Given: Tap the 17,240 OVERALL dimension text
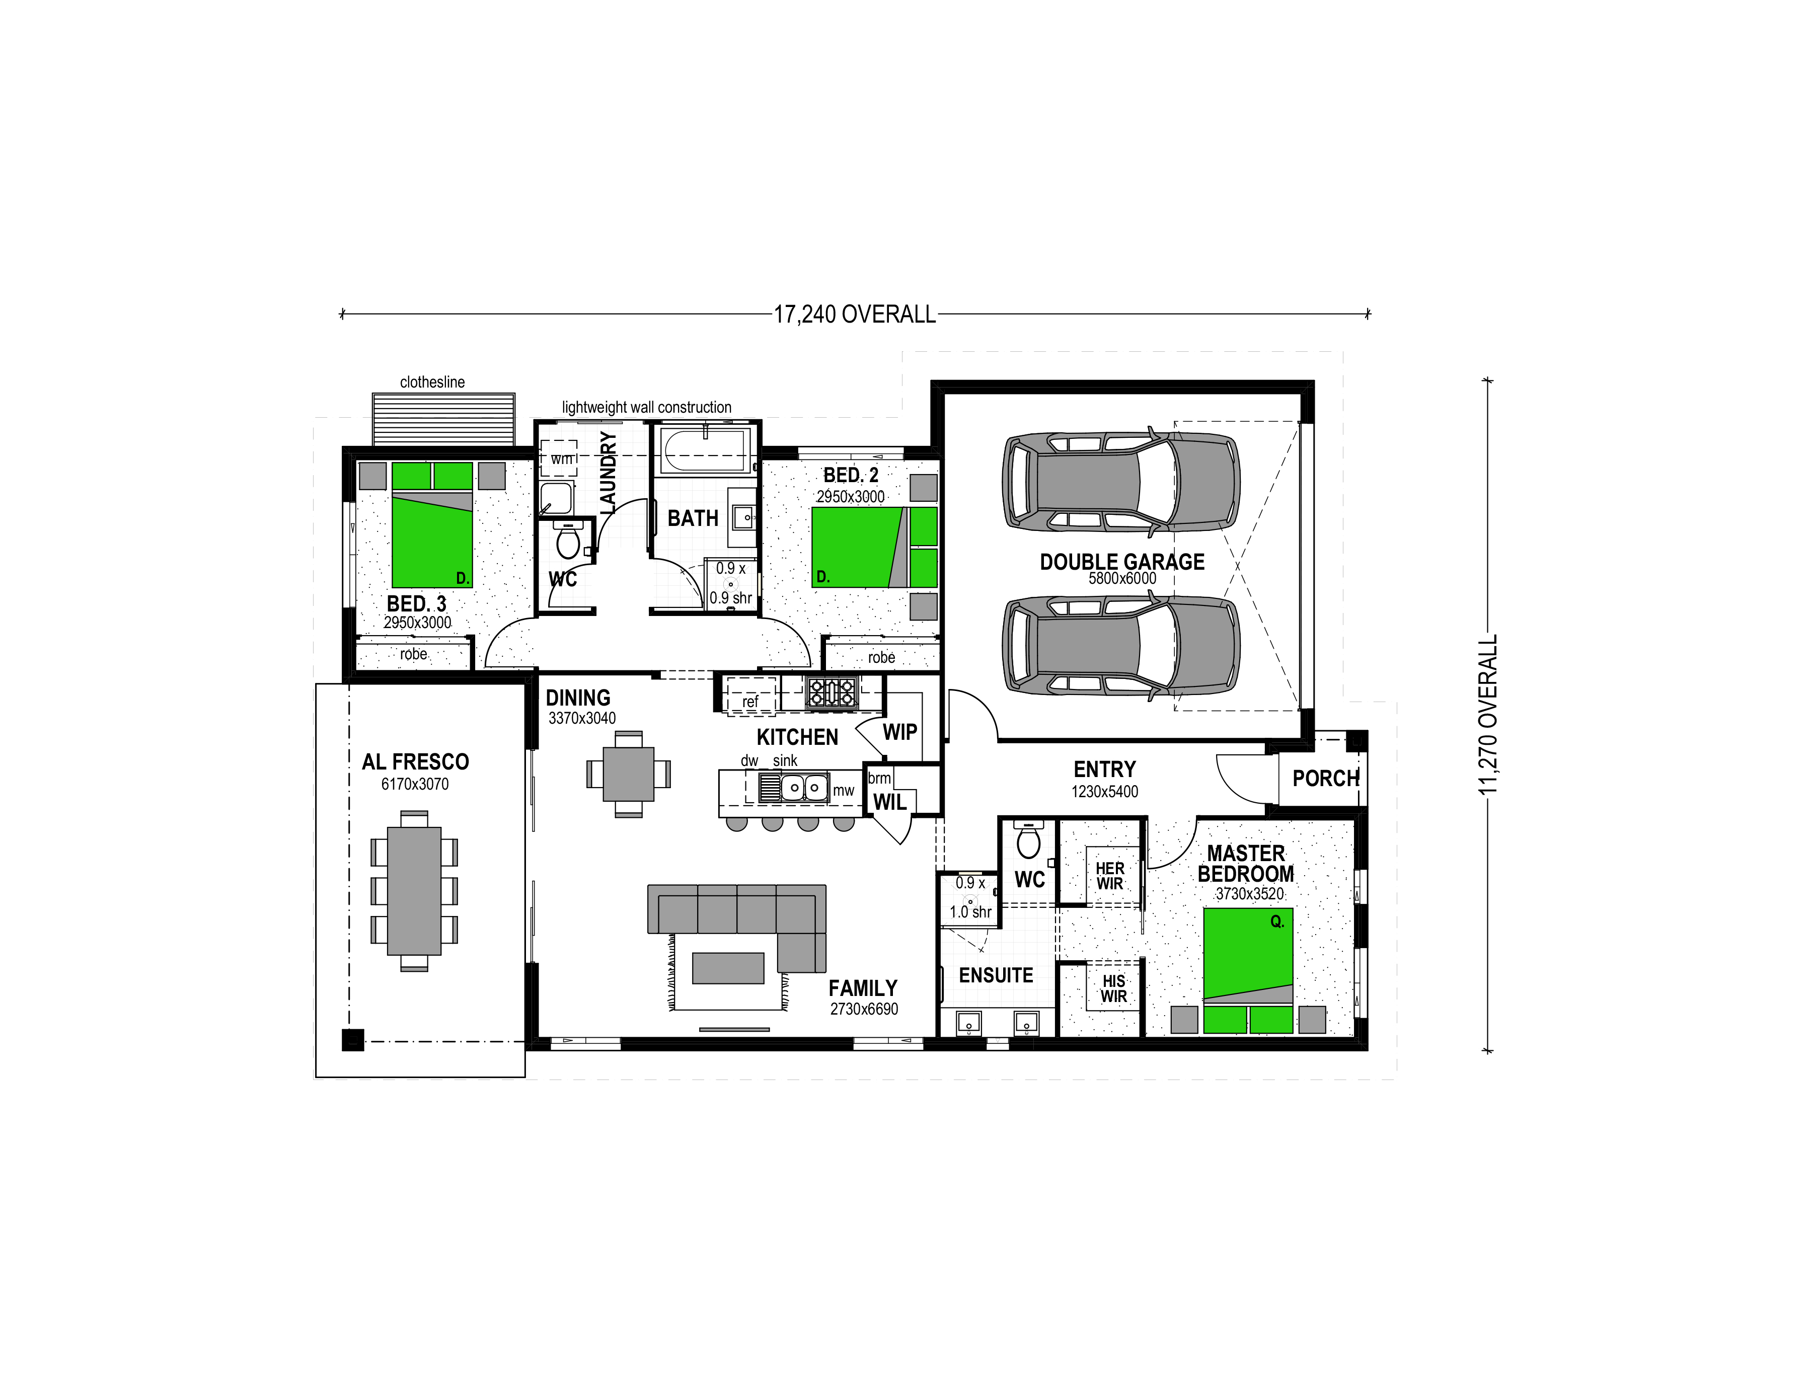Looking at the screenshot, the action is coord(855,315).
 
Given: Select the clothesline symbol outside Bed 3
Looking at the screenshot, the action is coord(443,419).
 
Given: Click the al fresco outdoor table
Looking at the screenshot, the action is coord(414,890).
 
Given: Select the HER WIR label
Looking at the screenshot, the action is coord(1110,876).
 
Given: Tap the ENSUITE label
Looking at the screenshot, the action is coord(996,975).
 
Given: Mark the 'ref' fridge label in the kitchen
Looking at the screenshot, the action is coord(750,702).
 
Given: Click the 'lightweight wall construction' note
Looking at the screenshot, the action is coord(647,407).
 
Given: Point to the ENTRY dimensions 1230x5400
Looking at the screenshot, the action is coord(1104,792).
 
